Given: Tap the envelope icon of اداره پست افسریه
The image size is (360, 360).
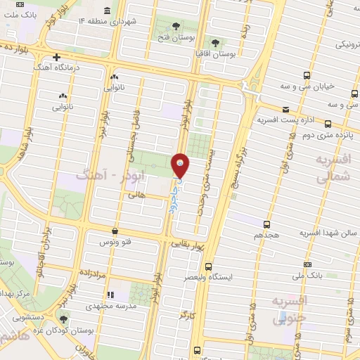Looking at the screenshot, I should pyautogui.click(x=285, y=109).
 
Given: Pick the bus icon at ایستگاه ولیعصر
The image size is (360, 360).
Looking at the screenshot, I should pyautogui.click(x=207, y=266).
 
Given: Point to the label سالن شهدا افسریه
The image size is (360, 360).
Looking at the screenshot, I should pyautogui.click(x=325, y=233).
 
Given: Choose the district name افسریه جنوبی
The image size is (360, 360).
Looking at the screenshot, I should pyautogui.click(x=290, y=310).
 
